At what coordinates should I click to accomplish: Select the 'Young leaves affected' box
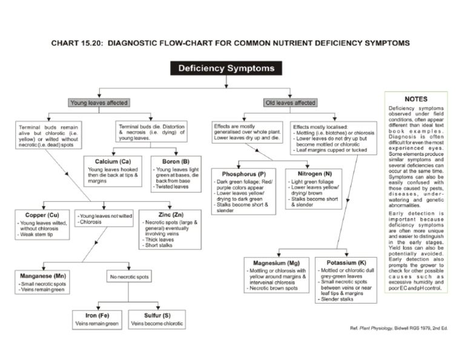pos(99,103)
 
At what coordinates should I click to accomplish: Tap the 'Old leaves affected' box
pos(290,103)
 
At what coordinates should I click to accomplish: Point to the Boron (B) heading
pos(177,162)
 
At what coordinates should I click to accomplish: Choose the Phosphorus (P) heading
pos(244,174)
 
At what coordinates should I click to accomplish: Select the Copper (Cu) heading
pos(42,215)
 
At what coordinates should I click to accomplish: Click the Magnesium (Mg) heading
pos(277,263)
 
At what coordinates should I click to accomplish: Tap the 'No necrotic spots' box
pos(129,278)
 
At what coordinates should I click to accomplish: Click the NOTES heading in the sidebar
pos(416,99)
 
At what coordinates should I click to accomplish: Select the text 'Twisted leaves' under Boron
pos(173,187)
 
